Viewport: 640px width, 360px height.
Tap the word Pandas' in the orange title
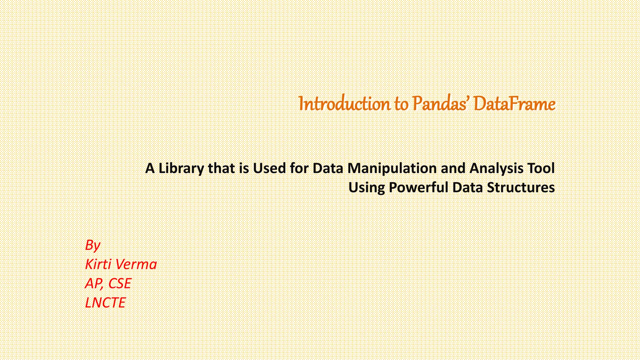coord(440,104)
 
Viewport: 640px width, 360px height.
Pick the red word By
coord(92,245)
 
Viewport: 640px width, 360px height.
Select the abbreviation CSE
coord(119,283)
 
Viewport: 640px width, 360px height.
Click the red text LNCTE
coord(105,302)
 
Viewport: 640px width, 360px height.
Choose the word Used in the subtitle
coord(269,168)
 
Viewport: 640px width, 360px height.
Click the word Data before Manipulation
coord(328,168)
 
